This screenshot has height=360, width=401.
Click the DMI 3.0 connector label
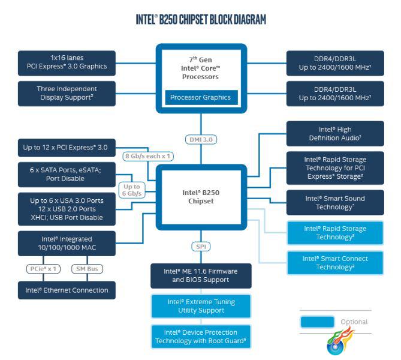coord(201,140)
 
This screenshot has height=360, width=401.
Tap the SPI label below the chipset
coord(201,247)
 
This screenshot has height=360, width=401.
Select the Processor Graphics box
coord(201,97)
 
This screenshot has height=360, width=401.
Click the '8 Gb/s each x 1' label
coord(148,156)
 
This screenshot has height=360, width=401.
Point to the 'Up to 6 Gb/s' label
coord(132,190)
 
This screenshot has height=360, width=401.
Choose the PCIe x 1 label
coord(43,269)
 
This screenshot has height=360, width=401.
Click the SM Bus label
coord(87,269)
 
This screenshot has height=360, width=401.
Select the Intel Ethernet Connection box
coord(67,290)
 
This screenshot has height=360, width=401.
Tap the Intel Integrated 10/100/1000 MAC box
coord(67,243)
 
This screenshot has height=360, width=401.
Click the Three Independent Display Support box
coord(67,94)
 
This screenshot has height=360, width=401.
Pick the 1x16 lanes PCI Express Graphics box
coord(67,63)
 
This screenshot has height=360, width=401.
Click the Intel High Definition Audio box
coord(335,134)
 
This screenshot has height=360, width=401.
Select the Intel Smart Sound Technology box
coord(335,203)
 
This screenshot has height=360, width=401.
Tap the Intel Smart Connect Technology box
coord(335,263)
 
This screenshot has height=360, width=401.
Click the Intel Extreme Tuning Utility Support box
coord(201,306)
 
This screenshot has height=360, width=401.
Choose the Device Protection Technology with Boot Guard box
coord(201,337)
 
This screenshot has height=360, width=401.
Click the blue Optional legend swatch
coord(317,322)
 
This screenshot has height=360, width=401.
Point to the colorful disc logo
coord(339,342)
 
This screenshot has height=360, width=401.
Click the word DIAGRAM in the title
coord(250,19)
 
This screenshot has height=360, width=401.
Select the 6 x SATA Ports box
coord(67,175)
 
